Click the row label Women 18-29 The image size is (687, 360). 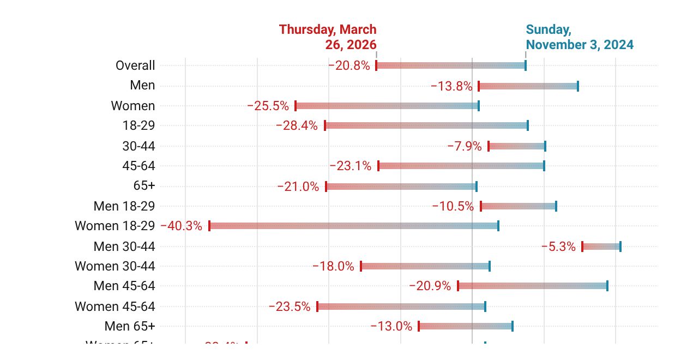point(114,226)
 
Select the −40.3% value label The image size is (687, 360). point(181,226)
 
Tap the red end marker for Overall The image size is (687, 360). point(376,65)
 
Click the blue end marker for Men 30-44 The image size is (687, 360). point(620,247)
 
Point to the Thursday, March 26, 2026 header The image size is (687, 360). point(328,37)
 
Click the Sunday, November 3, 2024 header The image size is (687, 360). point(579,37)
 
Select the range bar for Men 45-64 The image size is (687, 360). point(533,286)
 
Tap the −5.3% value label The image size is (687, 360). point(558,247)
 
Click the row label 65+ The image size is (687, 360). point(144,185)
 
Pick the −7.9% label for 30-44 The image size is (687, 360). point(465,146)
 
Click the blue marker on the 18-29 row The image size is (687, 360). point(528,125)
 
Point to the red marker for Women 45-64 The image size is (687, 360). point(317,307)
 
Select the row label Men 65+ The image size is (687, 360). point(130,326)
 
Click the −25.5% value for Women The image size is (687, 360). point(268,106)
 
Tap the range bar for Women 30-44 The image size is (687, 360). point(425,266)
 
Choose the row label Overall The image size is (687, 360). point(135,65)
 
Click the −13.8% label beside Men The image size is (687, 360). point(451,86)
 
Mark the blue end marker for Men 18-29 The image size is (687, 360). point(556,206)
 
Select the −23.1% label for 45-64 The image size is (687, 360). point(350,166)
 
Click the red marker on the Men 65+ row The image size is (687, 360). point(419,326)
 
